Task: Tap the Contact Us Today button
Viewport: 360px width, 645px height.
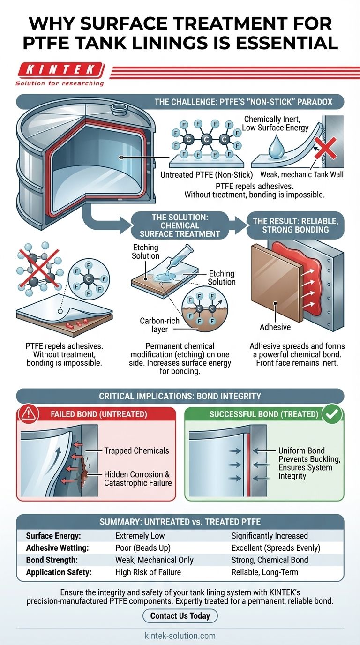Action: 180,615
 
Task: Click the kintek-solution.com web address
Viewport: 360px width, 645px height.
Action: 180,636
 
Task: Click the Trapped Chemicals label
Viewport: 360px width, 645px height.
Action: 136,450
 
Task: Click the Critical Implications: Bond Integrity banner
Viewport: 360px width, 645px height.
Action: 180,396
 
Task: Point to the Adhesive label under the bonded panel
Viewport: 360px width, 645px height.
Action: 275,327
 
